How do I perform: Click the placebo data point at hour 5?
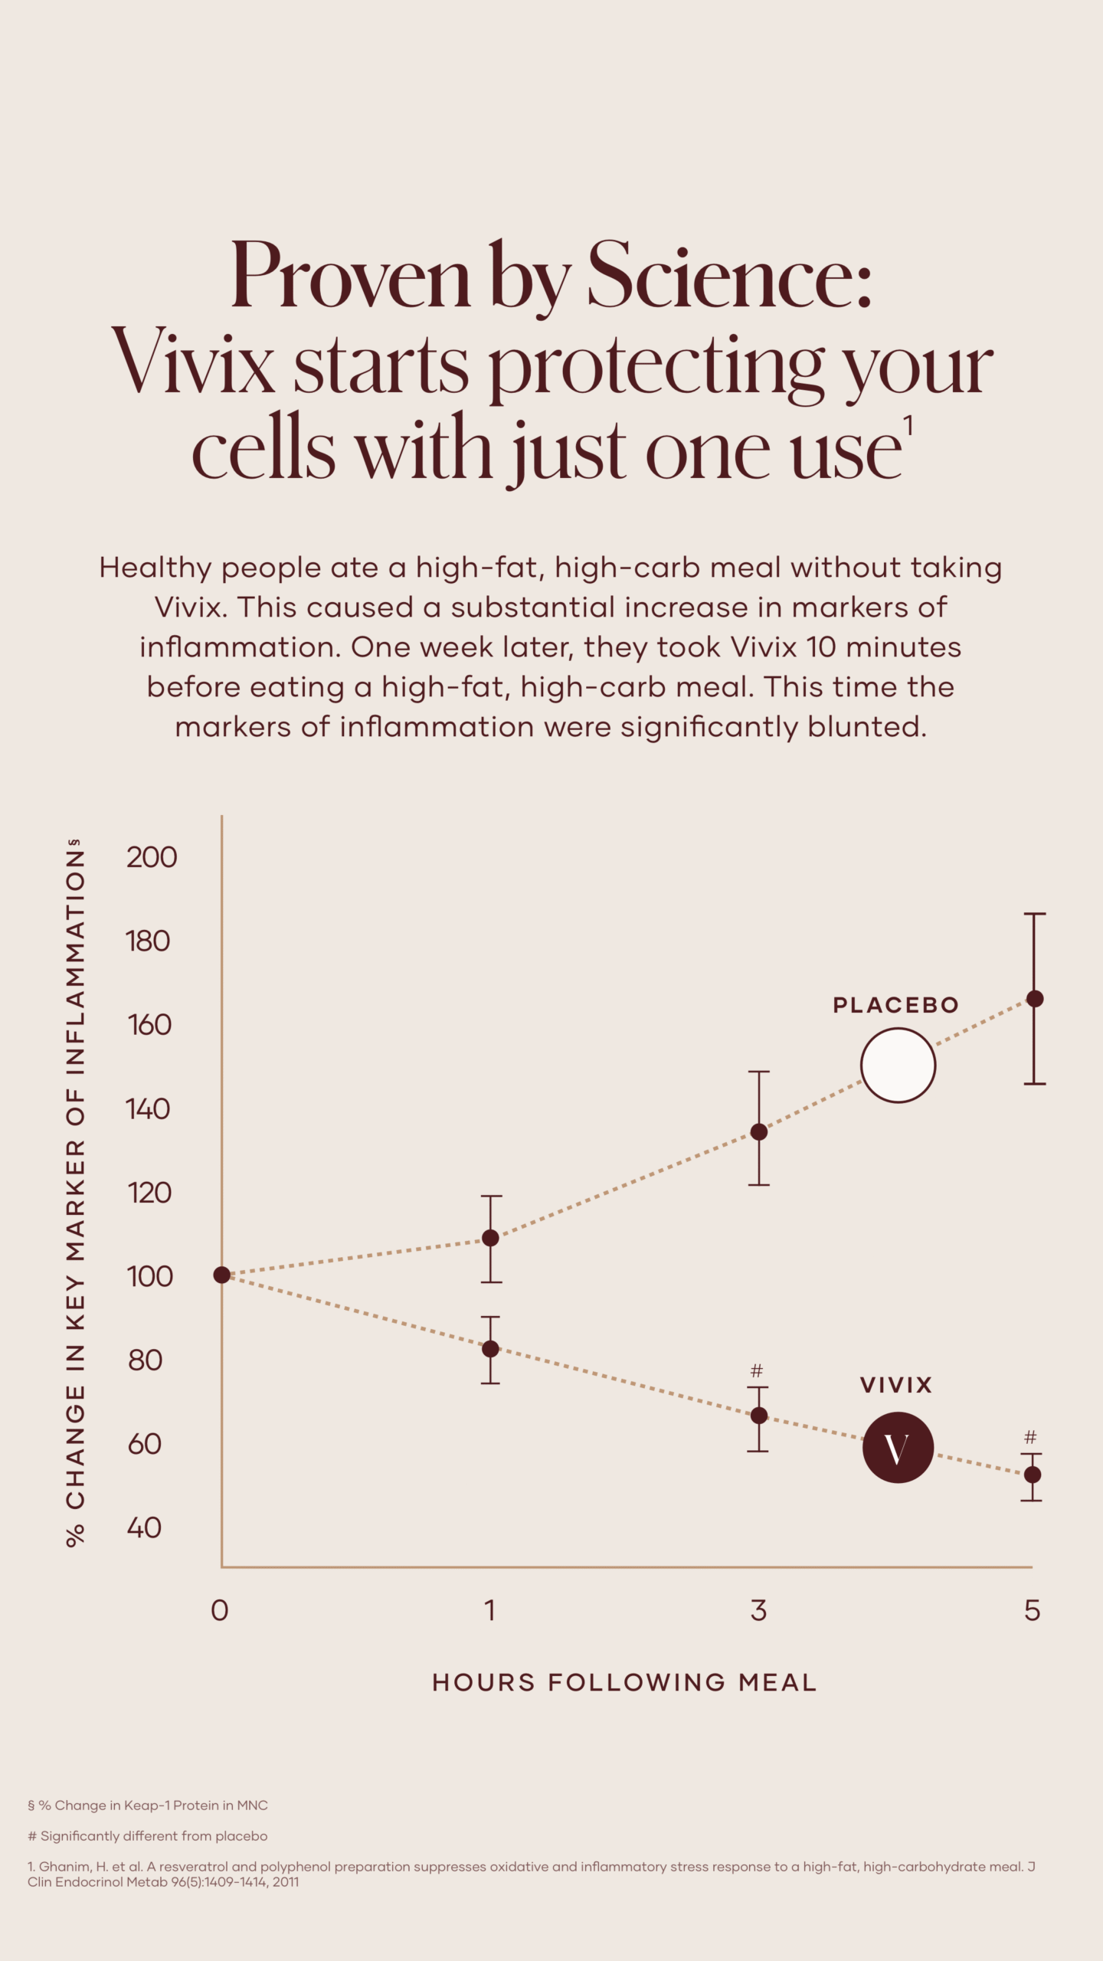[1035, 999]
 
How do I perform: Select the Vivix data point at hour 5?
[1033, 1475]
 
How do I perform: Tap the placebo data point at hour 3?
[759, 1132]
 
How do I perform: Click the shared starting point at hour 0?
[221, 1275]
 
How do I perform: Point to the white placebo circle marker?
[898, 1066]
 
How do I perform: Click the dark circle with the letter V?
[898, 1448]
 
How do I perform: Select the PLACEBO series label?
[895, 1005]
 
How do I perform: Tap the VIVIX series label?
[895, 1385]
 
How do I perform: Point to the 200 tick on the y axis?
[152, 857]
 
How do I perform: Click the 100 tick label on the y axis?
[149, 1276]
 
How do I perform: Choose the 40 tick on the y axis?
[145, 1528]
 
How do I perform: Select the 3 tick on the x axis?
[758, 1611]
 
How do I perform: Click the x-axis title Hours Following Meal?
[624, 1683]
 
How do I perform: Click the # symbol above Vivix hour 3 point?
[757, 1371]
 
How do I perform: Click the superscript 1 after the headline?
[908, 426]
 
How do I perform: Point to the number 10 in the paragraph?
[820, 647]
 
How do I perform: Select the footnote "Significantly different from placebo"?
[153, 1836]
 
